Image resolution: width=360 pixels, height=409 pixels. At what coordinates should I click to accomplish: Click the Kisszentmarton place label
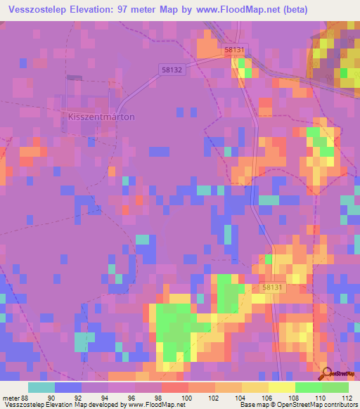click(x=101, y=117)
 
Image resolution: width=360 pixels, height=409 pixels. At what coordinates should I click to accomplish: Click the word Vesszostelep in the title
click(x=42, y=8)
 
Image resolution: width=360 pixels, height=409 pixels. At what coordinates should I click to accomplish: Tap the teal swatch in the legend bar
click(x=41, y=387)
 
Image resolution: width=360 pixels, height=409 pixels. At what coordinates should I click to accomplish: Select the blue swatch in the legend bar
click(x=67, y=387)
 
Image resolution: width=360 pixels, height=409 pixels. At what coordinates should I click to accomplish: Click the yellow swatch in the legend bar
click(x=281, y=387)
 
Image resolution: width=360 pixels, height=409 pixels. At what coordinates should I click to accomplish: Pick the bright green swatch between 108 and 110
click(x=308, y=387)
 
